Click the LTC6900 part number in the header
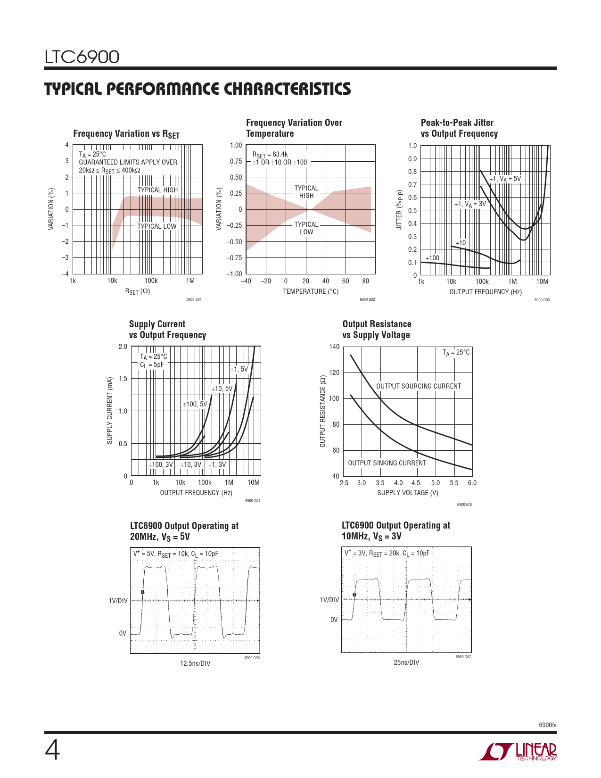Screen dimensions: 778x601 pos(82,57)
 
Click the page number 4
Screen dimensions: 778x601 pos(52,751)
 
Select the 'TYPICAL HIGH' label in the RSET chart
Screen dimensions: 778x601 pos(157,190)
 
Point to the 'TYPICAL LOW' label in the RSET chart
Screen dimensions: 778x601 pos(156,226)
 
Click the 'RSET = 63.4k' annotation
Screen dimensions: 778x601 pos(270,155)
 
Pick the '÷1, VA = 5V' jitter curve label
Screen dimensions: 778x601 pos(505,179)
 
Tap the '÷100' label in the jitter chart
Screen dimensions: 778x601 pos(432,258)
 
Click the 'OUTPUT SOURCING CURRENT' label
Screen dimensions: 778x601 pos(419,386)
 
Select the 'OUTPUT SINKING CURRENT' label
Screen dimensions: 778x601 pos(387,463)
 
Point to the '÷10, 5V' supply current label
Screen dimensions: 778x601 pos(222,389)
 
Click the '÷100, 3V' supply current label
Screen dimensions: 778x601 pos(161,464)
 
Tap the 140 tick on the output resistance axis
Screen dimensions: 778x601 pos(334,347)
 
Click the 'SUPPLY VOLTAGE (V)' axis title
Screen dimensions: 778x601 pos(408,493)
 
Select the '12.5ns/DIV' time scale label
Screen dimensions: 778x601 pos(195,663)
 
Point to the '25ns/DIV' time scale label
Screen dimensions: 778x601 pos(406,662)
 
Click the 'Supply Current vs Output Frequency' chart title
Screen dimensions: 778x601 pos(167,330)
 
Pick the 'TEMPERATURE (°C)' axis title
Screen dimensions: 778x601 pos(311,291)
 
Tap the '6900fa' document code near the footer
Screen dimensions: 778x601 pos(547,725)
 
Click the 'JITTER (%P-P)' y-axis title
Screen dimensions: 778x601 pos(400,210)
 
